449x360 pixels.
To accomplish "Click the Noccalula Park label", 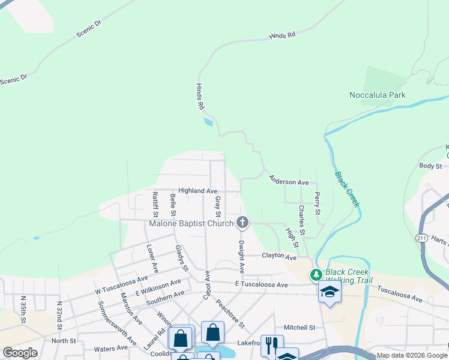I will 378,95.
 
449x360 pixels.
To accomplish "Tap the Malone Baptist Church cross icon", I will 243,223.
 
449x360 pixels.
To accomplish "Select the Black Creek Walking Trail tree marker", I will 316,275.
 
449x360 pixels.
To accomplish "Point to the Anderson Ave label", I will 289,180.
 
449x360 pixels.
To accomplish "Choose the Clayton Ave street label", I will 279,257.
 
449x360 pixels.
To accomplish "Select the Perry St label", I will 317,204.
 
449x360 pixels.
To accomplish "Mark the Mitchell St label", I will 300,328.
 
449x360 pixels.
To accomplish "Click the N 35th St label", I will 23,310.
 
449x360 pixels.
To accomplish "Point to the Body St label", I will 430,166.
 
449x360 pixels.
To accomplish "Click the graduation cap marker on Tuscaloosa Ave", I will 330,292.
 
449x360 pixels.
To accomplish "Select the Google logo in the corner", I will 20,353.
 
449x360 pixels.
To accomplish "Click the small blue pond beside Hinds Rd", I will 208,122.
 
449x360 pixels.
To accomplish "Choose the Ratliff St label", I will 155,204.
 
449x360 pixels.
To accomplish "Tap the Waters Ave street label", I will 111,348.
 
